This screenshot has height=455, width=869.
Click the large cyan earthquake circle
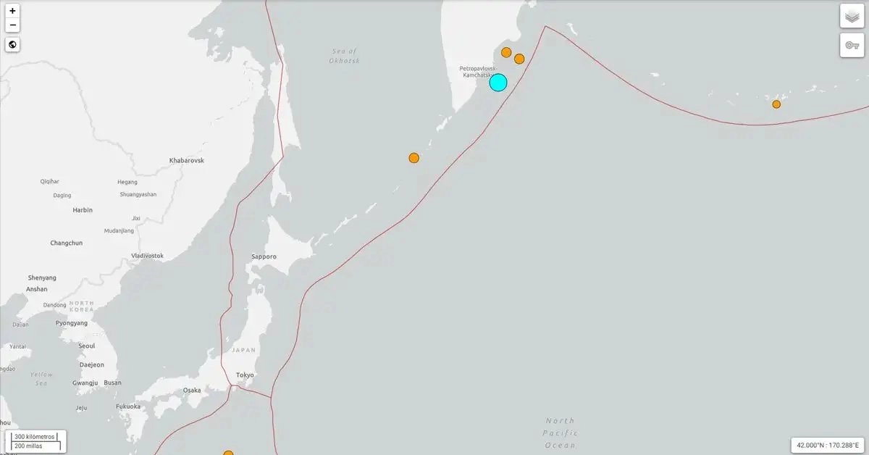(498, 82)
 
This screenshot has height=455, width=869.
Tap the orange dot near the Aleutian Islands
(776, 104)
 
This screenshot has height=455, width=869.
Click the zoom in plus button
(12, 11)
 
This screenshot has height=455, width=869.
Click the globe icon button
(12, 45)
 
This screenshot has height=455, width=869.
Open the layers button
(852, 16)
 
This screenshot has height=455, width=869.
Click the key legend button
(852, 45)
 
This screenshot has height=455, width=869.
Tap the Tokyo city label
(245, 375)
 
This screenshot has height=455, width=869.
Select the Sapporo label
(264, 256)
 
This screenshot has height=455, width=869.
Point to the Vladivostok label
(147, 256)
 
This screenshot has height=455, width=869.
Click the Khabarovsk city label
(187, 159)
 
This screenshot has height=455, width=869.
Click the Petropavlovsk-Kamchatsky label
(477, 72)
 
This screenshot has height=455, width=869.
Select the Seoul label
(86, 346)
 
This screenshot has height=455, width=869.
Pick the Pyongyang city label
(72, 323)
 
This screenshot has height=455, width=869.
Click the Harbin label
(83, 210)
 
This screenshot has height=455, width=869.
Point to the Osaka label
(192, 390)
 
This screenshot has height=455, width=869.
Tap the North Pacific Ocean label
(560, 433)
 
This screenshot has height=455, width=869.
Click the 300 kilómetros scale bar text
(35, 437)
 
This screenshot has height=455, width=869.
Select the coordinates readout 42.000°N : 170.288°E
(828, 445)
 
